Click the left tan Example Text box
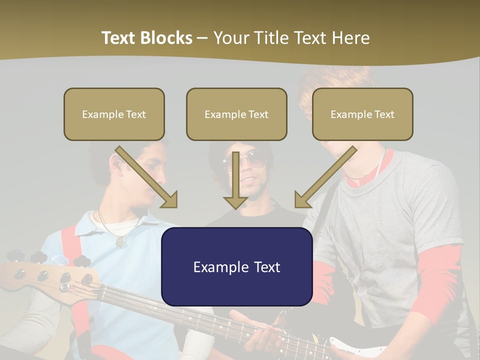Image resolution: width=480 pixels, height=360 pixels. coord(114,114)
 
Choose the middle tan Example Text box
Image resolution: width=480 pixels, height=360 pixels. coord(236,114)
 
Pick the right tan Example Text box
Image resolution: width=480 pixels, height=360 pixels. coord(362,114)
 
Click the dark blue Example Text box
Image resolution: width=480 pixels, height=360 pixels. coord(236,267)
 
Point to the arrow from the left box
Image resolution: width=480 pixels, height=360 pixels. coord(147,177)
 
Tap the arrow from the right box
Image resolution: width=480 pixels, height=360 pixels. coord(325,177)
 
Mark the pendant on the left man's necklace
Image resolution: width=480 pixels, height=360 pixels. coord(120,242)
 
